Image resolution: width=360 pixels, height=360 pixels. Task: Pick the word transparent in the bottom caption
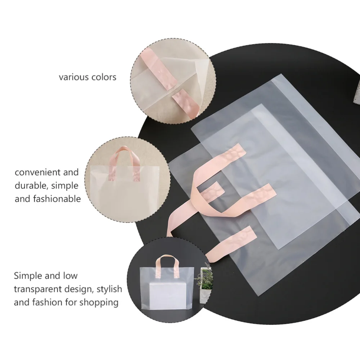point(38,289)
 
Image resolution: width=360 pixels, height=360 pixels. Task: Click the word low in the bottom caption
point(70,276)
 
